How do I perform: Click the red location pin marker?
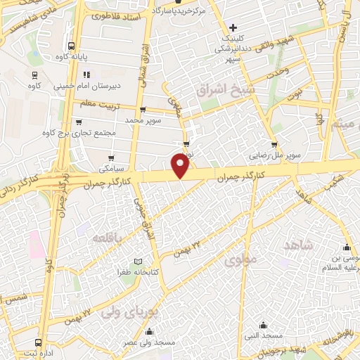pyautogui.click(x=181, y=166)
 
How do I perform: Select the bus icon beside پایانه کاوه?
pyautogui.click(x=34, y=56)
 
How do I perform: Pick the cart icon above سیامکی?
pyautogui.click(x=110, y=158)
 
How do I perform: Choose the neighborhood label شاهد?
pyautogui.click(x=297, y=245)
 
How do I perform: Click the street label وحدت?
pyautogui.click(x=278, y=72)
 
